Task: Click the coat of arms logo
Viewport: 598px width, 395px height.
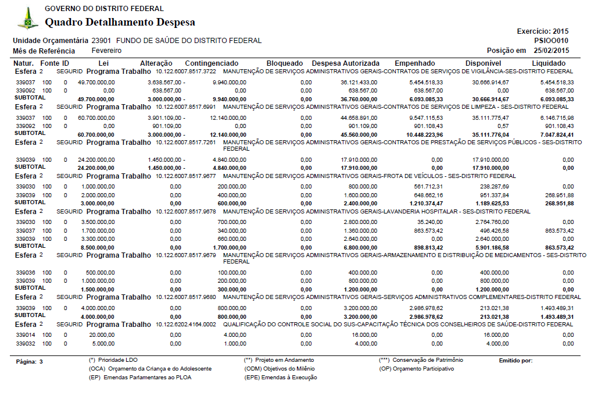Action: pyautogui.click(x=27, y=19)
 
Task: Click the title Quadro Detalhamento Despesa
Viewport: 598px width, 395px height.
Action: pyautogui.click(x=120, y=23)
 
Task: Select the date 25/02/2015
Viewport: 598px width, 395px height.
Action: pyautogui.click(x=552, y=51)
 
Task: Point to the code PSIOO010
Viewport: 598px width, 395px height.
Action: pyautogui.click(x=551, y=41)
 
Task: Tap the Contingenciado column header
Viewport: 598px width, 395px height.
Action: pyautogui.click(x=212, y=63)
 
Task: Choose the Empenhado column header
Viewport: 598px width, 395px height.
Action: pyautogui.click(x=414, y=63)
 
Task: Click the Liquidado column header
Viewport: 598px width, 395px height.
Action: pyautogui.click(x=548, y=63)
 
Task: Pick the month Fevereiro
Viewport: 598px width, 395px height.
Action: pyautogui.click(x=106, y=51)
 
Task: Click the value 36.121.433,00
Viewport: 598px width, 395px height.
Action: pyautogui.click(x=359, y=83)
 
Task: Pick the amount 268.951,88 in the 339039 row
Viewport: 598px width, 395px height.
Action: pyautogui.click(x=558, y=195)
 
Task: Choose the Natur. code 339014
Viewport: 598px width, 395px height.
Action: pyautogui.click(x=26, y=335)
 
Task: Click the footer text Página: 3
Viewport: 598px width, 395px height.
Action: pyautogui.click(x=30, y=361)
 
